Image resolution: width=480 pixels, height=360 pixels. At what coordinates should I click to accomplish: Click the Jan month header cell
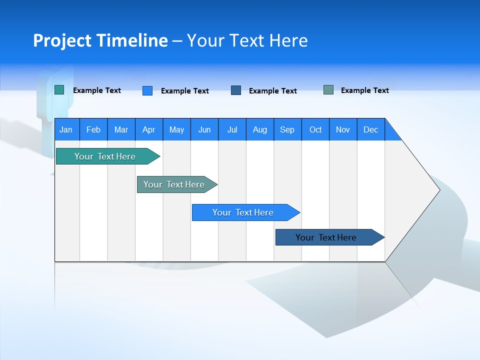click(x=66, y=129)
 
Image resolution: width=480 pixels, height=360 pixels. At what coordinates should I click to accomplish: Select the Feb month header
click(x=93, y=129)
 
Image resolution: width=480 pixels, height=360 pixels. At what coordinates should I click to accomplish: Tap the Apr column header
click(x=149, y=129)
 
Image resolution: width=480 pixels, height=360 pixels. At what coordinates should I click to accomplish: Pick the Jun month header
click(x=204, y=129)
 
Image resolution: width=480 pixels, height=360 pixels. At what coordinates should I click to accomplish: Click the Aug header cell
click(x=260, y=129)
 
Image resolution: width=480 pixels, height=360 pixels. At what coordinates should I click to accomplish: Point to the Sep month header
click(x=287, y=129)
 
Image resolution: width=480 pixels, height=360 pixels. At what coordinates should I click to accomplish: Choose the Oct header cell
click(x=315, y=129)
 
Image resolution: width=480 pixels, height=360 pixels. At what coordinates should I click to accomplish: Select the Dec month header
click(x=371, y=129)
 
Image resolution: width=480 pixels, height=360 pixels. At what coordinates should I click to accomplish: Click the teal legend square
click(x=59, y=90)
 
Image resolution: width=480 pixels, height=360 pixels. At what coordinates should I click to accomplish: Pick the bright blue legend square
click(x=147, y=90)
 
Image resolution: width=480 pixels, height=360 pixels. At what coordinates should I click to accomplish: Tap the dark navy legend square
click(x=236, y=90)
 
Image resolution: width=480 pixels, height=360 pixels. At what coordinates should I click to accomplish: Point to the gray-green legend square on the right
click(x=328, y=90)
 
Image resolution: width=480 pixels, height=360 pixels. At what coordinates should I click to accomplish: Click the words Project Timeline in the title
click(x=100, y=40)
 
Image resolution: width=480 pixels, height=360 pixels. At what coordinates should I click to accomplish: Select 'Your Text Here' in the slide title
click(x=247, y=40)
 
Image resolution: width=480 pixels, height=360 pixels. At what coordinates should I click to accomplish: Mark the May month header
click(x=176, y=129)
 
